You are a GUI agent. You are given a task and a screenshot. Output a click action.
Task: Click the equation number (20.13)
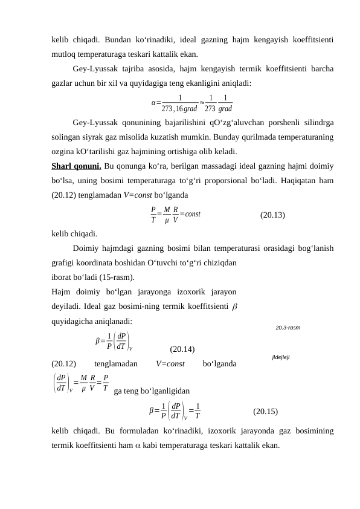[x=272, y=215]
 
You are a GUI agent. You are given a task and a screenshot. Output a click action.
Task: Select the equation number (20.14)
[x=182, y=349]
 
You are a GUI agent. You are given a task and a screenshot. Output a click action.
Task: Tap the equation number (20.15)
[x=265, y=412]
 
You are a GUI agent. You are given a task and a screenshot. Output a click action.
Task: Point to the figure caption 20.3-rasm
[x=288, y=328]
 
